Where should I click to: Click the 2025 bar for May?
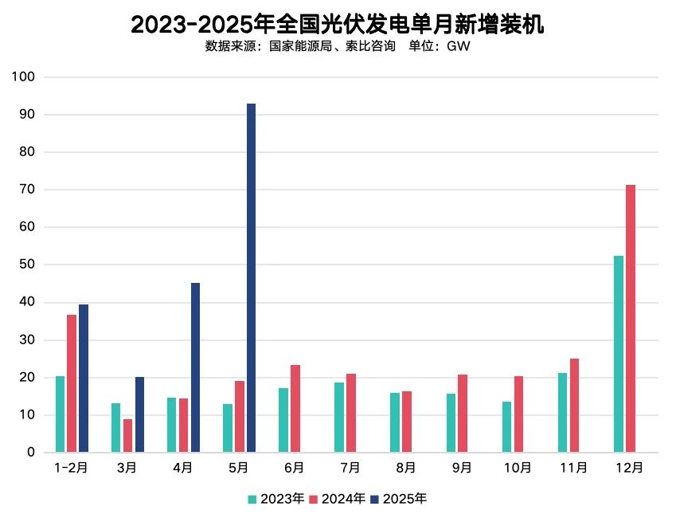251,278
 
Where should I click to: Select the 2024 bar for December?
631,319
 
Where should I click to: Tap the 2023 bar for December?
619,354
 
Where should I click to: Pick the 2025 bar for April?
195,367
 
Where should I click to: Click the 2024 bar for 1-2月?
72,383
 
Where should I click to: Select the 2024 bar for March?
127,435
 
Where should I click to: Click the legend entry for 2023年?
275,499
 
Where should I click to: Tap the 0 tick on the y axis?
31,453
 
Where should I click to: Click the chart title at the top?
338,25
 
